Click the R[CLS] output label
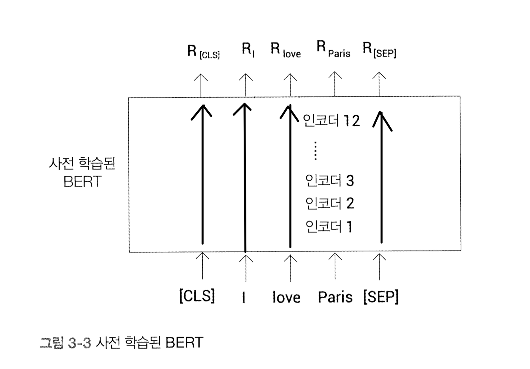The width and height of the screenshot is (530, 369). (203, 51)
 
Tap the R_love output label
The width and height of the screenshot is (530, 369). (285, 50)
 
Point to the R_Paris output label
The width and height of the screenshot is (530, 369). (333, 49)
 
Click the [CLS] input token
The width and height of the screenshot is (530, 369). (197, 296)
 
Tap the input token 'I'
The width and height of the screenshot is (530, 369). (244, 297)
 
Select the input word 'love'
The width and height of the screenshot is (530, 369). (286, 297)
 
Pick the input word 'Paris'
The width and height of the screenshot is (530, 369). (335, 297)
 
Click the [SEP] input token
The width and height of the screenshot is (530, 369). (381, 297)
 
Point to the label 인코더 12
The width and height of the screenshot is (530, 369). (331, 121)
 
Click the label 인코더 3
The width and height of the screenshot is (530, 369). (329, 181)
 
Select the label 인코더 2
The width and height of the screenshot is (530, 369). (329, 203)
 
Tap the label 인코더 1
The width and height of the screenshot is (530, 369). (329, 227)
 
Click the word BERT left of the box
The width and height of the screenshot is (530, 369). (82, 182)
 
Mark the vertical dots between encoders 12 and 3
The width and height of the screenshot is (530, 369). (315, 151)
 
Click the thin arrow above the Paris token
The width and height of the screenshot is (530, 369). (335, 266)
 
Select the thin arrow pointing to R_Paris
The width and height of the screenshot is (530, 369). (335, 84)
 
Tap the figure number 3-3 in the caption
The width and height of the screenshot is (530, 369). (79, 343)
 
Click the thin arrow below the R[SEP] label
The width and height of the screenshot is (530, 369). (379, 84)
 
